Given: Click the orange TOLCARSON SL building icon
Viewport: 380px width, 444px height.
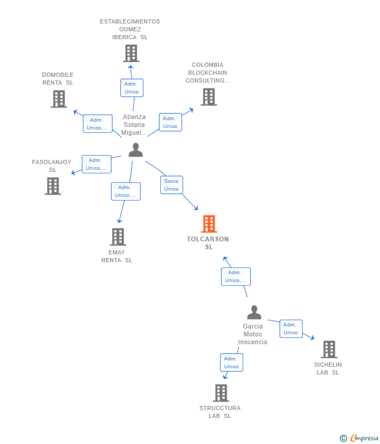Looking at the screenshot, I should click(x=209, y=224).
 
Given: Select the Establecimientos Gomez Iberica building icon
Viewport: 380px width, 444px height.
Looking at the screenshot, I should click(x=131, y=53).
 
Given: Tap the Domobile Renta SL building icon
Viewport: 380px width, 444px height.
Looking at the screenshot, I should click(x=59, y=99).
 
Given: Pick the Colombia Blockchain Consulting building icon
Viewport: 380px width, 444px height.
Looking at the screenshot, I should click(x=209, y=97).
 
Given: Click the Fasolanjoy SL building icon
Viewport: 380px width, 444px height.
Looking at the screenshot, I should click(x=53, y=186).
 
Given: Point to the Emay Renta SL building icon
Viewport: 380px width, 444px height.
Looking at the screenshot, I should click(x=118, y=237).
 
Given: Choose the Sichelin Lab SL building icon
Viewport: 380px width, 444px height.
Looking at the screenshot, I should click(x=329, y=349).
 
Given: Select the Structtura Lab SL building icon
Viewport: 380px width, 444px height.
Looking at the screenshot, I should click(x=221, y=393).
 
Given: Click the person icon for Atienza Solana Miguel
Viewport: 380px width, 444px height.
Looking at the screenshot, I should click(x=136, y=150).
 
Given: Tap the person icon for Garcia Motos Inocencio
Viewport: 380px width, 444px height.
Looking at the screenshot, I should click(x=254, y=312).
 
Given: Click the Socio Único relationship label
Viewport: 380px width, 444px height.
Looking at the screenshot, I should click(x=171, y=185).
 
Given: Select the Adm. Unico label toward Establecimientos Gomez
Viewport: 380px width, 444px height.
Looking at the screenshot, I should click(x=132, y=88).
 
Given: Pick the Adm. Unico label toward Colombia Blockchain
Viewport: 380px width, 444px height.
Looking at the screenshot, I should click(x=170, y=122).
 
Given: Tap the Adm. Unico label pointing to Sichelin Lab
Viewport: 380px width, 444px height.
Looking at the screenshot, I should click(x=291, y=329).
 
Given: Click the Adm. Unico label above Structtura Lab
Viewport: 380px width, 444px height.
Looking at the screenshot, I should click(x=231, y=363).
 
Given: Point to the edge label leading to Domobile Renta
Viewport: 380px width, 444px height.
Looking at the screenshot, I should click(x=98, y=124).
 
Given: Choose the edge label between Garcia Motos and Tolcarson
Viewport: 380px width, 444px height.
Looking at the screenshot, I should click(x=235, y=276).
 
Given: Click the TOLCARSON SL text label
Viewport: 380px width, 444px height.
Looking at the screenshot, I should click(x=208, y=243).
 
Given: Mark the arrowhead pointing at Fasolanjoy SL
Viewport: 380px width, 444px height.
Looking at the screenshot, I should click(x=74, y=172).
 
